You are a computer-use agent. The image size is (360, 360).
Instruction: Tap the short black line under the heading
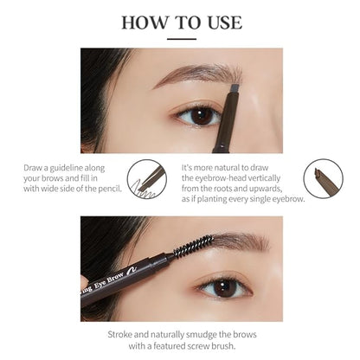click(x=180, y=39)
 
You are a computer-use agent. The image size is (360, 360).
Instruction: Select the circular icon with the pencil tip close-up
click(x=323, y=179)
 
